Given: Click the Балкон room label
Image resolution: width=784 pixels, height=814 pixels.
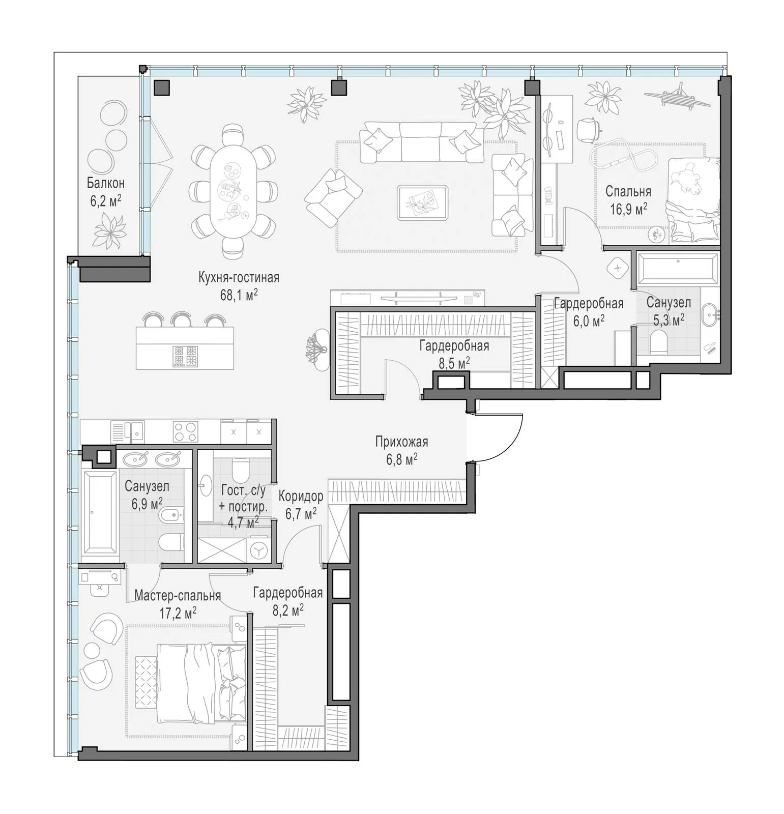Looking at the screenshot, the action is coord(105,183).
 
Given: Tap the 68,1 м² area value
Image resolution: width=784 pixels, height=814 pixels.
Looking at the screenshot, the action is coord(239,295).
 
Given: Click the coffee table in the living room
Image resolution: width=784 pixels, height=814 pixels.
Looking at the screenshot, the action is coord(423,202).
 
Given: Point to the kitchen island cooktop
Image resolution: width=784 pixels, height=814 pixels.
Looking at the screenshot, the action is coord(185,356).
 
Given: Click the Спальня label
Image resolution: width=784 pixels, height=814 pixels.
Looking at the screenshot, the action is coord(628,192).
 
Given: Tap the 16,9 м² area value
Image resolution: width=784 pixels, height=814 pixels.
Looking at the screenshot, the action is coord(628,209).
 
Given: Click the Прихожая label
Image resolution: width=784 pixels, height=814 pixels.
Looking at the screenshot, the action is coord(401,442).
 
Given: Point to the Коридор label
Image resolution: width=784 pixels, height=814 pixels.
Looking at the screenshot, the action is coord(301,496).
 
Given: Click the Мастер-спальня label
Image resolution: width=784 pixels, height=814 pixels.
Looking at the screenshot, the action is coord(178,596).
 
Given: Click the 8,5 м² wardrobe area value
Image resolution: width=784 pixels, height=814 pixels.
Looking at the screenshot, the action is coord(454,363).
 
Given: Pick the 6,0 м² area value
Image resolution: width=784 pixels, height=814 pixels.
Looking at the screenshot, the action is coord(589,321).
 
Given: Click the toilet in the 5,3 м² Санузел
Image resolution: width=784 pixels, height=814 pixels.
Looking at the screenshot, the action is coord(658,341).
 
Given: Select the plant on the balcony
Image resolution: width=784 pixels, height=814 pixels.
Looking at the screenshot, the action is coord(109,230).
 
